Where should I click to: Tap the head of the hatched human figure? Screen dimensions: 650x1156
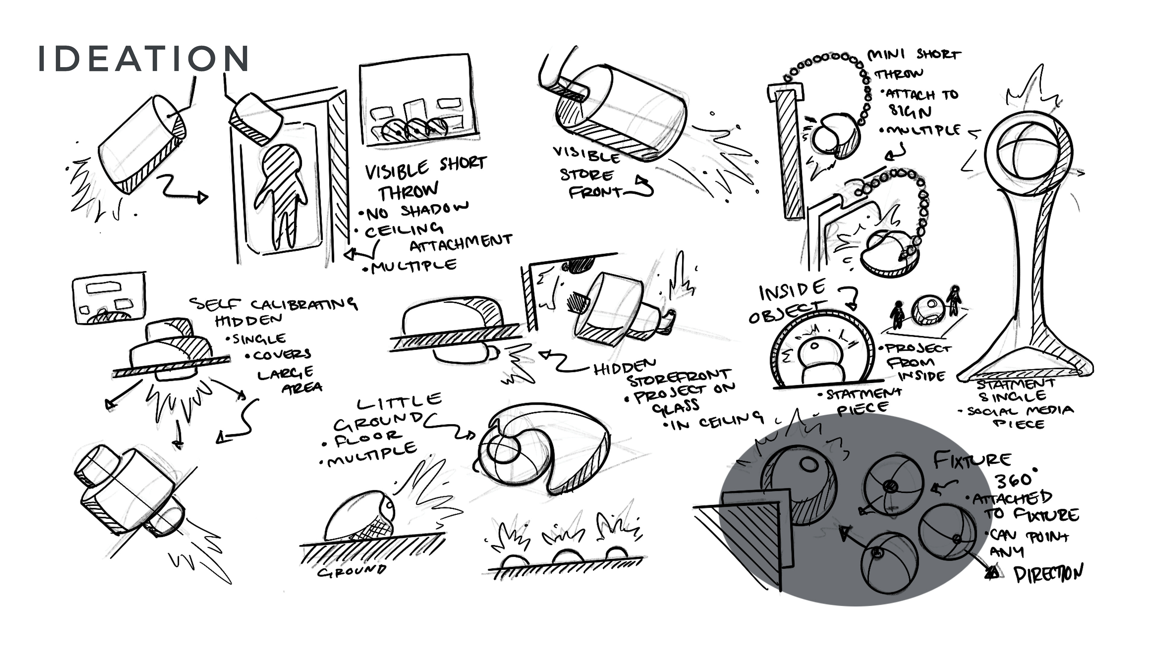point(281,162)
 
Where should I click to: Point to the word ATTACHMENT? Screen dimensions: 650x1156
point(460,242)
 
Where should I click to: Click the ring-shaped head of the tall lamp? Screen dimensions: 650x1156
point(1028,153)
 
